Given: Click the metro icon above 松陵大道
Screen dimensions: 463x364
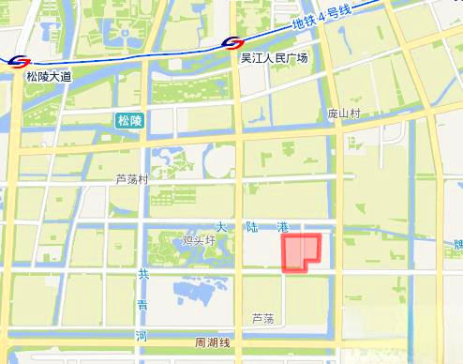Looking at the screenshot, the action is [17, 62].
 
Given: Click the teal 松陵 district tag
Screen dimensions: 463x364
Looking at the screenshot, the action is [128, 120].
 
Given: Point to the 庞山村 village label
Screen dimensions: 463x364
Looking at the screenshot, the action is [343, 113].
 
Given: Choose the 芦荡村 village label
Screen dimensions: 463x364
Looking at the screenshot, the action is [132, 179].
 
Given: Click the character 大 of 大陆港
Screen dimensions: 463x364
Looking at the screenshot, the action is [222, 227].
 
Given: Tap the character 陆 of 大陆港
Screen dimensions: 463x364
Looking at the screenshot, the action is [252, 227].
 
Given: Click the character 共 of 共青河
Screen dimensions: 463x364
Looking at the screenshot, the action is [143, 274].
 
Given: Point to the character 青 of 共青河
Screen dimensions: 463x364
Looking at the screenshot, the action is [142, 304].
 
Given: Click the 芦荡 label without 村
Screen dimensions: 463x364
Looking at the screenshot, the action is [262, 319].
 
